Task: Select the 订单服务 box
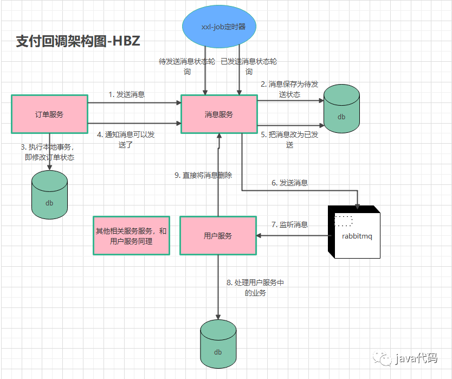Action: pyautogui.click(x=49, y=114)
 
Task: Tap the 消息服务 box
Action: pyautogui.click(x=219, y=114)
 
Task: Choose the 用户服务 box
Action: pyautogui.click(x=218, y=236)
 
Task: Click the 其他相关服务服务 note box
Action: pyautogui.click(x=132, y=236)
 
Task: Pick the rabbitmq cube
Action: pyautogui.click(x=355, y=232)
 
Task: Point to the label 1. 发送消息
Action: pyautogui.click(x=127, y=94)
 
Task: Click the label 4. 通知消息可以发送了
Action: pyautogui.click(x=125, y=139)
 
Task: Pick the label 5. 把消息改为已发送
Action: pyautogui.click(x=289, y=139)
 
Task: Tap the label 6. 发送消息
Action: pyautogui.click(x=290, y=183)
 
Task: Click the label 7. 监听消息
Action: pyautogui.click(x=290, y=224)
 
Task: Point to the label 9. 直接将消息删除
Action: pyautogui.click(x=203, y=175)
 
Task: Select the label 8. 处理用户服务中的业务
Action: pyautogui.click(x=255, y=287)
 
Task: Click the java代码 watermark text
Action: pyautogui.click(x=415, y=359)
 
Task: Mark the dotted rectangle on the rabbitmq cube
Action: pyautogui.click(x=344, y=220)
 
